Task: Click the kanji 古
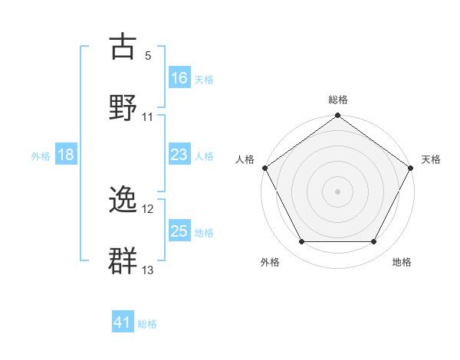(123, 47)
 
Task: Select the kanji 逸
(123, 201)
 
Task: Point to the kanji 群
(123, 259)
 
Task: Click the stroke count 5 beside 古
(148, 56)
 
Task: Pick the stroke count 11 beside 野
(148, 117)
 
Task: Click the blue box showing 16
(179, 77)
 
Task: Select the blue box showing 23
(179, 155)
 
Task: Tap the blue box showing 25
(179, 231)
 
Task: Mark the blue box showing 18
(66, 155)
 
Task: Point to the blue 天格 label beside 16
(204, 79)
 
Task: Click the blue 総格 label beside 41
(147, 324)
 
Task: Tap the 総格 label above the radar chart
(337, 100)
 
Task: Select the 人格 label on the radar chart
(245, 159)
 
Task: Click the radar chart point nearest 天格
(411, 168)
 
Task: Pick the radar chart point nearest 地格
(374, 242)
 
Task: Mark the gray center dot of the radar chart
(337, 191)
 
